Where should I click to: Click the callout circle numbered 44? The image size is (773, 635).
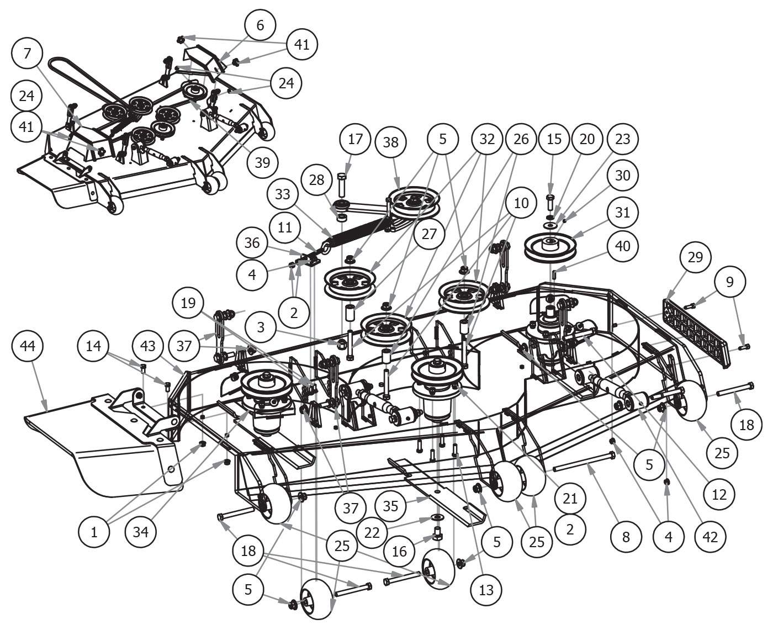27,347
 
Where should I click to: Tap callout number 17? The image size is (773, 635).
355,139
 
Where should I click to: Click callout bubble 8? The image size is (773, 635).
626,536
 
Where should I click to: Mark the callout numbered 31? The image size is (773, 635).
622,213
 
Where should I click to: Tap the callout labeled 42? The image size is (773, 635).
711,536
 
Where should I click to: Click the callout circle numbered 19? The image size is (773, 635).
188,303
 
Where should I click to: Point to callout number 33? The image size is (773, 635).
282,194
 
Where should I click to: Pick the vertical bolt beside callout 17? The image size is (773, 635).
341,185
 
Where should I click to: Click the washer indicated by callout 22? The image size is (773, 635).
438,518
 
